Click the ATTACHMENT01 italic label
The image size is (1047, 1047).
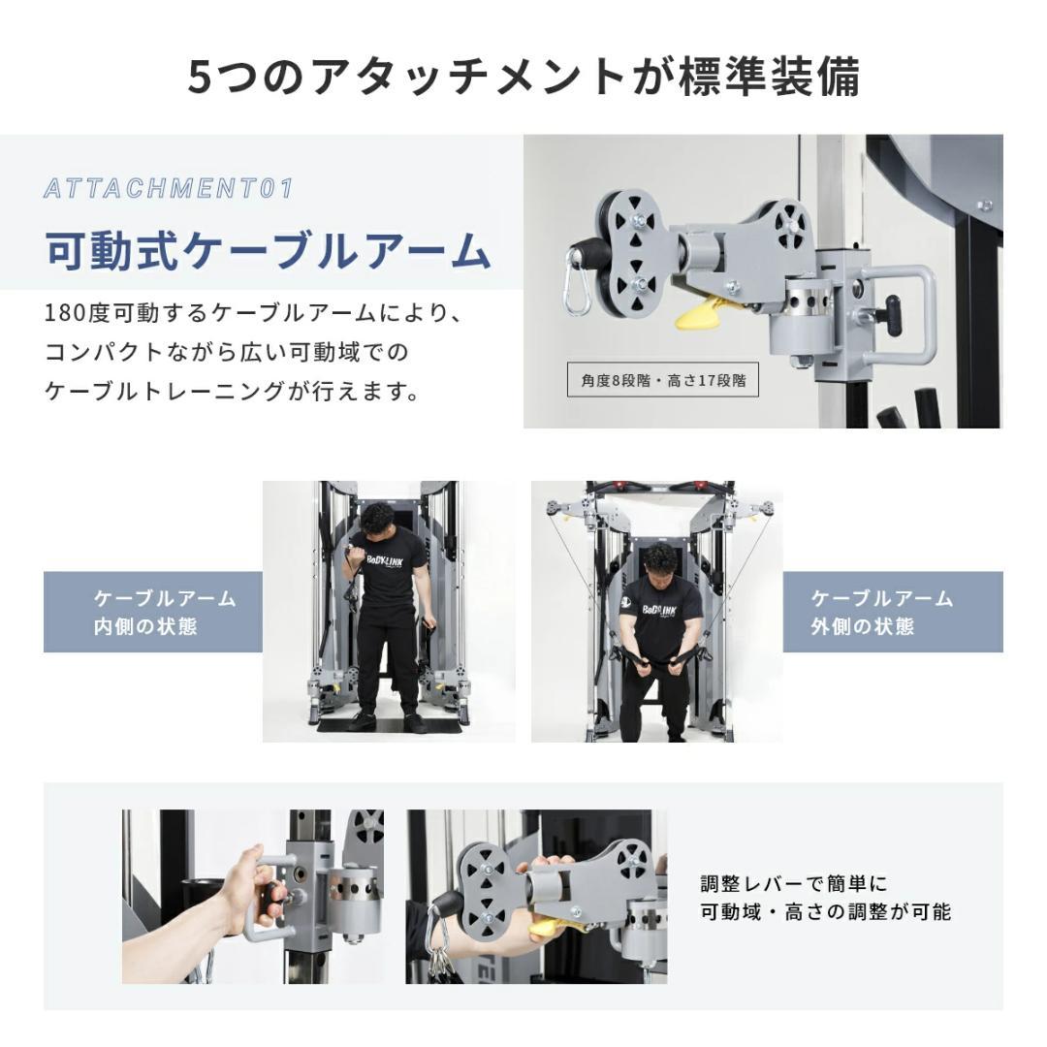(168, 188)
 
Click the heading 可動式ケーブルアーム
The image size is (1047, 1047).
(268, 250)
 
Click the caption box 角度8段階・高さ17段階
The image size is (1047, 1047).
(663, 381)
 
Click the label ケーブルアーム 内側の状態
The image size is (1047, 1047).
(153, 612)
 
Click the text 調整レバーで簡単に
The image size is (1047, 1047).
(793, 884)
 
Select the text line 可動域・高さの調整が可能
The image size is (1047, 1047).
(825, 912)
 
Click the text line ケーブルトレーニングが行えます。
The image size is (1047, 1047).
(233, 392)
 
